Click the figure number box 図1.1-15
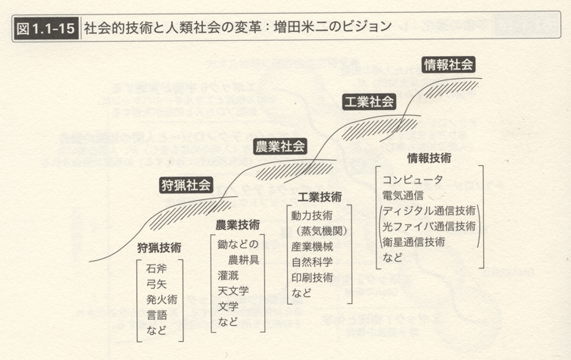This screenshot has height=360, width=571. click(x=46, y=28)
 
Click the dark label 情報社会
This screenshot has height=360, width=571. click(x=448, y=65)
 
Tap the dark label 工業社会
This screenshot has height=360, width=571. click(x=370, y=102)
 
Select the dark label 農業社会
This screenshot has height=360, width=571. click(x=279, y=146)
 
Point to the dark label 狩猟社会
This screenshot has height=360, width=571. click(x=186, y=185)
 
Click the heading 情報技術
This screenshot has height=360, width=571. click(x=429, y=158)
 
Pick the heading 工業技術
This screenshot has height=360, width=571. click(x=320, y=197)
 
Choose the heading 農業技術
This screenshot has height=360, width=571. click(x=238, y=225)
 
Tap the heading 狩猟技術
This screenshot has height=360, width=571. click(x=159, y=248)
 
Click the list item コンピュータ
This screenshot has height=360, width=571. click(x=413, y=180)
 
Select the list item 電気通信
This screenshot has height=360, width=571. click(x=403, y=196)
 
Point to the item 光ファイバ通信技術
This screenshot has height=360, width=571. click(x=429, y=227)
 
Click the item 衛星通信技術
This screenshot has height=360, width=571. click(x=413, y=242)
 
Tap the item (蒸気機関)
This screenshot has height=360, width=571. click(x=320, y=231)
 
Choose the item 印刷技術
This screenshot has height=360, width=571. click(x=312, y=277)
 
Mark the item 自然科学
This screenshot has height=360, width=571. click(x=312, y=262)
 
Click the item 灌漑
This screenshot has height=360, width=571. click(x=229, y=275)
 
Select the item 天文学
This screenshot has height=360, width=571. click(x=233, y=291)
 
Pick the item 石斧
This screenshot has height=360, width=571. click(x=156, y=268)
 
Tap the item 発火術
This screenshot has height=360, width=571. click(x=162, y=299)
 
